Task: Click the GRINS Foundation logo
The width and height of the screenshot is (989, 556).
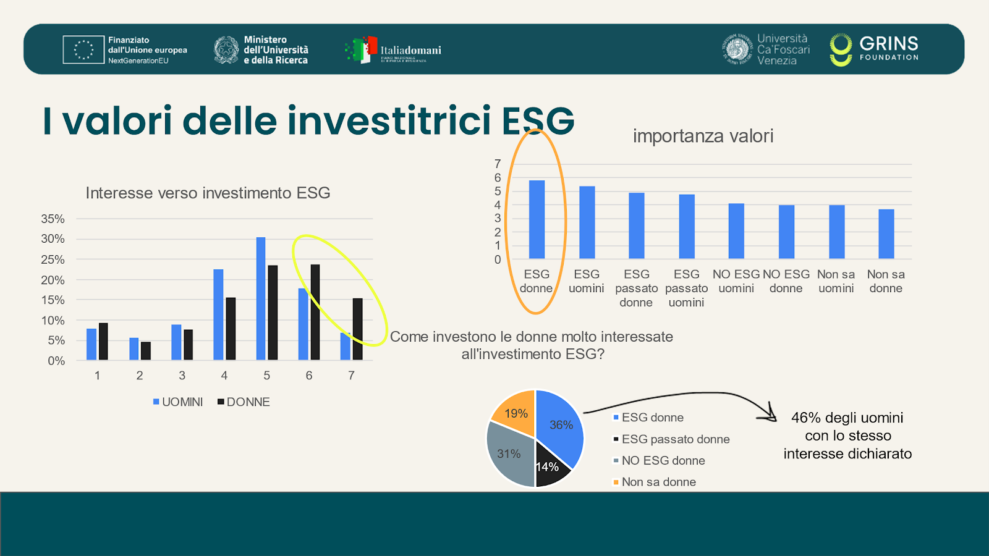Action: coord(874,49)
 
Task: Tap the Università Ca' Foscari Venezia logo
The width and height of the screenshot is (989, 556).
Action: coord(766,49)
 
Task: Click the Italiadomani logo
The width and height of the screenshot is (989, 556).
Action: coord(393,50)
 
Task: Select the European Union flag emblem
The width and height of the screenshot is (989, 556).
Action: coord(83,49)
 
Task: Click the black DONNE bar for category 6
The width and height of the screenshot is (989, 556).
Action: coord(315,312)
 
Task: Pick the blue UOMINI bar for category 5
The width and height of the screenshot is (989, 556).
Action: coord(261,298)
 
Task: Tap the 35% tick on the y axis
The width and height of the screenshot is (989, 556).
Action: coord(53,219)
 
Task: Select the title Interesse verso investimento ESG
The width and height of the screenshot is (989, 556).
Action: coord(208,193)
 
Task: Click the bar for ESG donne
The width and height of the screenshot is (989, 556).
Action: coord(537,219)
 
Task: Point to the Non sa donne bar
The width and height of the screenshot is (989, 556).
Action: coord(886,234)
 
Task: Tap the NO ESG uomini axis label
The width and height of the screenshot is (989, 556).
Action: coord(736,281)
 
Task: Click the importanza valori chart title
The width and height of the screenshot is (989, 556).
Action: coord(703,136)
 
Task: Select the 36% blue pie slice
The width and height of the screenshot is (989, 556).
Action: coord(559,426)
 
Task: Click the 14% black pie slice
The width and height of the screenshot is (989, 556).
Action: coord(549,468)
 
